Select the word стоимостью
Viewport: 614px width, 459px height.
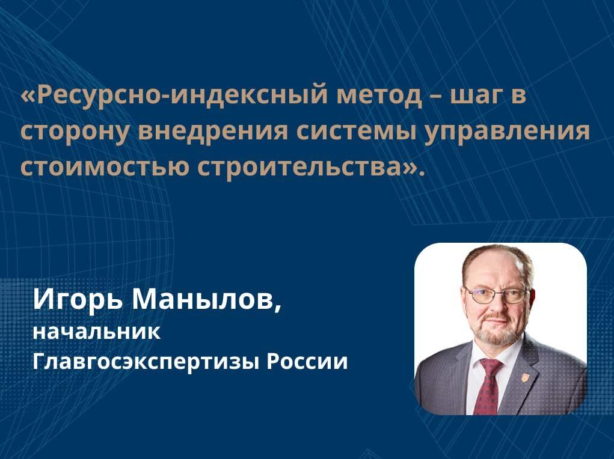[x=104, y=167]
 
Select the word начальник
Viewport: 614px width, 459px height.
[x=96, y=332]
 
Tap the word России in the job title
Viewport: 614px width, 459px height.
[x=307, y=361]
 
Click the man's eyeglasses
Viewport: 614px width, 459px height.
[x=497, y=295]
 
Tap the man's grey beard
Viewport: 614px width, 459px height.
[x=498, y=331]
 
